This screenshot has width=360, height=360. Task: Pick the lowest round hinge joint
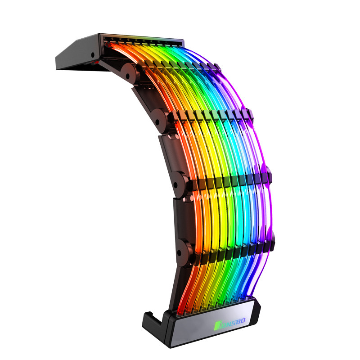pyautogui.click(x=184, y=248)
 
